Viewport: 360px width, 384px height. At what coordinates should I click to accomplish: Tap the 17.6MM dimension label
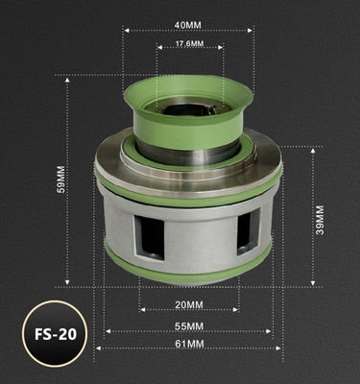pyautogui.click(x=187, y=44)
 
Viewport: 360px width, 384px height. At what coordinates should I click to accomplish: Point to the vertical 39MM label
pyautogui.click(x=320, y=217)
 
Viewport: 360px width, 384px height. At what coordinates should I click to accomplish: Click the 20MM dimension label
pyautogui.click(x=190, y=305)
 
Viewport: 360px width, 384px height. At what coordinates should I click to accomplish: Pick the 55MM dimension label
pyautogui.click(x=190, y=327)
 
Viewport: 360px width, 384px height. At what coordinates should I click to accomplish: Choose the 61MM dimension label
pyautogui.click(x=190, y=343)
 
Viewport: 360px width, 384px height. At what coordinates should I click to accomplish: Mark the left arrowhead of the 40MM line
pyautogui.click(x=126, y=30)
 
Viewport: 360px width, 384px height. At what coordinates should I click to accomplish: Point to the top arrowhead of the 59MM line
pyautogui.click(x=66, y=77)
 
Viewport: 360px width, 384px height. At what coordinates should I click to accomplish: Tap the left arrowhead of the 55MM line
pyautogui.click(x=108, y=331)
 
